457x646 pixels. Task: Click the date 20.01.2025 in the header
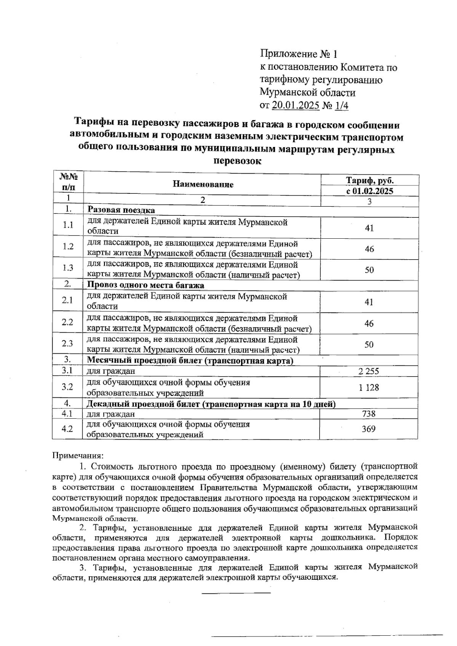296,105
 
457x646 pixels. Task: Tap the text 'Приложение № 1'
299,54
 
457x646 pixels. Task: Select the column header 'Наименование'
203,185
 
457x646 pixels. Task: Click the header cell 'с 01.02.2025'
369,191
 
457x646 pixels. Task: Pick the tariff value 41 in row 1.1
369,228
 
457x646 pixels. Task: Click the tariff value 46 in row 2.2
369,324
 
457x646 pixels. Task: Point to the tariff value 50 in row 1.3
369,270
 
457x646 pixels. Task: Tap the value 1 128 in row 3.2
369,388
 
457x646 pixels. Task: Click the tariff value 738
369,413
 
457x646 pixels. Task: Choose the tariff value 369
369,429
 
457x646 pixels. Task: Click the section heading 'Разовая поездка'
121,210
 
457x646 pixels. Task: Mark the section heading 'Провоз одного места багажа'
146,285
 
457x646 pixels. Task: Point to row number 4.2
67,429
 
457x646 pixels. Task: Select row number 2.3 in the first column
68,344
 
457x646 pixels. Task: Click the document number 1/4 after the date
342,105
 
